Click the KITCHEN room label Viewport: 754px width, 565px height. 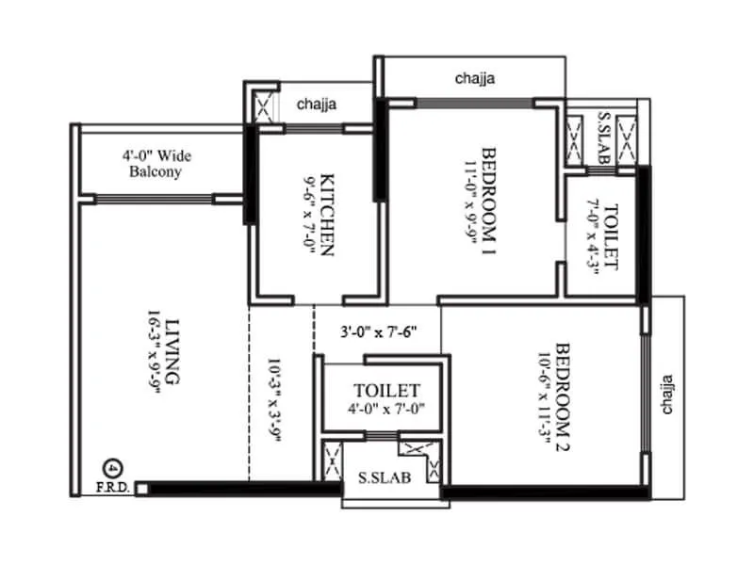(327, 214)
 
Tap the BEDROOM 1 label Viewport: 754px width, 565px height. (489, 200)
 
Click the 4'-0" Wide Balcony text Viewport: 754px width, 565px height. (156, 164)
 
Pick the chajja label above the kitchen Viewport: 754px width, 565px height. (317, 105)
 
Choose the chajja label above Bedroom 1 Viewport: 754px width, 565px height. (474, 78)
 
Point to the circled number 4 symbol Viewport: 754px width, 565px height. (112, 468)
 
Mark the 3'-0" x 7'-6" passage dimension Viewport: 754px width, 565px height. (377, 331)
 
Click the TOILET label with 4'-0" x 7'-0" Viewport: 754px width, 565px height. (386, 391)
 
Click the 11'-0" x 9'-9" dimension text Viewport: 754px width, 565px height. (468, 200)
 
